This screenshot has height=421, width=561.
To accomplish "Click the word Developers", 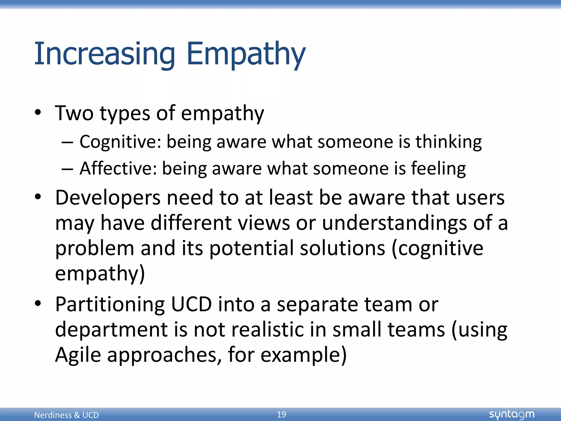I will click(x=107, y=198).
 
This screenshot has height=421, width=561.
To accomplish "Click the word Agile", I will click(x=78, y=355).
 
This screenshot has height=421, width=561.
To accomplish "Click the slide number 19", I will click(x=281, y=414).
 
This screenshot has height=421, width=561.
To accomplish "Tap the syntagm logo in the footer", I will click(x=511, y=414).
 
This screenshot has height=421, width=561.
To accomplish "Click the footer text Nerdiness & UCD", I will click(x=66, y=415).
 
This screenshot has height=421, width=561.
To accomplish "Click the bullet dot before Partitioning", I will click(x=38, y=303).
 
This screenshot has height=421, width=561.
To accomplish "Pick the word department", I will click(x=111, y=329).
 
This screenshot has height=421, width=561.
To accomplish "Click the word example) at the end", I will click(x=304, y=355).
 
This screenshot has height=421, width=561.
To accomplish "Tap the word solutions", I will click(x=342, y=248).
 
